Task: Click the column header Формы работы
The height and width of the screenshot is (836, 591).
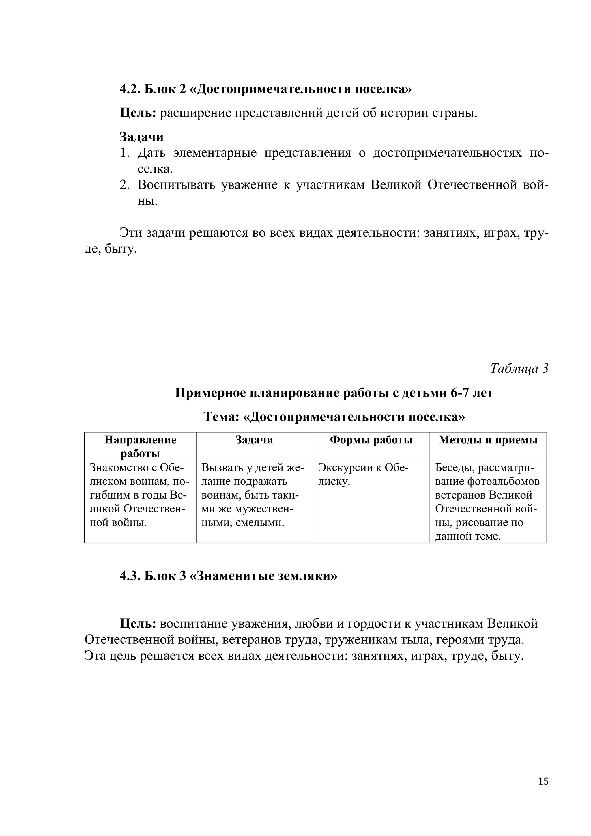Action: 371,440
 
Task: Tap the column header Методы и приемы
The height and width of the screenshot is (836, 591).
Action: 488,440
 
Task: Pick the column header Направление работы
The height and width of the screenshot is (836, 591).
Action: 140,446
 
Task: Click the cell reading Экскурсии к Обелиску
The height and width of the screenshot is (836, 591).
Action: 363,475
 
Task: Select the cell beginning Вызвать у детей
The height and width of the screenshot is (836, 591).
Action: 252,495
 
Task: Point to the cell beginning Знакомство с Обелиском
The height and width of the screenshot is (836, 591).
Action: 139,495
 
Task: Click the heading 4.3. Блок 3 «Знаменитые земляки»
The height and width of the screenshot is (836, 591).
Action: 229,576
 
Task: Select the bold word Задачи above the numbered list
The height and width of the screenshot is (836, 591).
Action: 142,137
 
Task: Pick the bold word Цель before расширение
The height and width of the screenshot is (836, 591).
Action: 138,113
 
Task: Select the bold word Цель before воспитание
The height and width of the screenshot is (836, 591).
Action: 138,624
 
